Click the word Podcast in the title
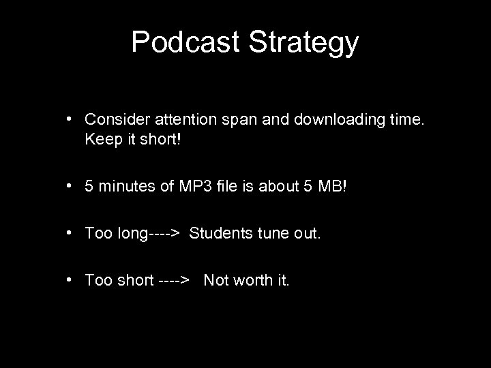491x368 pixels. pos(185,42)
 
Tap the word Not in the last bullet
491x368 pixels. pos(217,280)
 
